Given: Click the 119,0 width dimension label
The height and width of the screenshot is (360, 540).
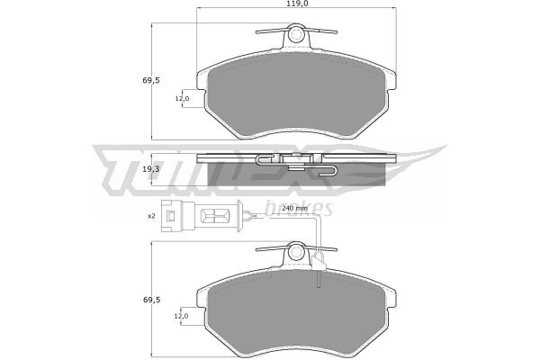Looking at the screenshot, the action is coord(296,4).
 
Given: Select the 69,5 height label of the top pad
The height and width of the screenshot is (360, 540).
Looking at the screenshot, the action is coord(151,81).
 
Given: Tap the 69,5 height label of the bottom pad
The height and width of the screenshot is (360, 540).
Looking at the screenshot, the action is coord(152,300).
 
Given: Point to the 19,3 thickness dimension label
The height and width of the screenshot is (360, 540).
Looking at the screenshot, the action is coord(151,169).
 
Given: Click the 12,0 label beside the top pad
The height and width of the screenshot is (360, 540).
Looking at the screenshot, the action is coord(182,98).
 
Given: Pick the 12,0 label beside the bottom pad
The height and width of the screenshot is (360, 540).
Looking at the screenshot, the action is coord(181,316).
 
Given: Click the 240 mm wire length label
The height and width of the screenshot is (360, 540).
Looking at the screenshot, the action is coord(294,208).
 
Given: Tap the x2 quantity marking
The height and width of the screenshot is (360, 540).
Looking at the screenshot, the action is coord(151,216).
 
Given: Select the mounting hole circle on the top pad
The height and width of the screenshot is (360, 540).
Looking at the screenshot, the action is coord(296,34).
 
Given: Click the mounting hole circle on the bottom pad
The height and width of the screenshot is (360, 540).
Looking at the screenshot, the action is coord(296,253).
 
